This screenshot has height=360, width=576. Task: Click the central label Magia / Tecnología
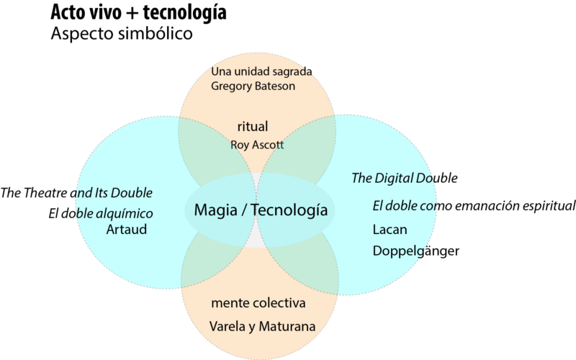click(261, 211)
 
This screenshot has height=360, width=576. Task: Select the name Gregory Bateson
click(253, 86)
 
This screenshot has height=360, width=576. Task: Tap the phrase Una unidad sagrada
click(261, 71)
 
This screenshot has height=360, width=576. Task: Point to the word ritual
click(252, 127)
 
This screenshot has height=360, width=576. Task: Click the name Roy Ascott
click(257, 145)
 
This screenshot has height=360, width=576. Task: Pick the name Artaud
click(127, 230)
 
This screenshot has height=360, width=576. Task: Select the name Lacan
click(390, 230)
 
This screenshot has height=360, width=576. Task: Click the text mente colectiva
click(258, 304)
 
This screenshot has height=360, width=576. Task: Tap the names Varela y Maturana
click(262, 327)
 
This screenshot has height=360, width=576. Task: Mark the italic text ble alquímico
click(113, 214)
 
